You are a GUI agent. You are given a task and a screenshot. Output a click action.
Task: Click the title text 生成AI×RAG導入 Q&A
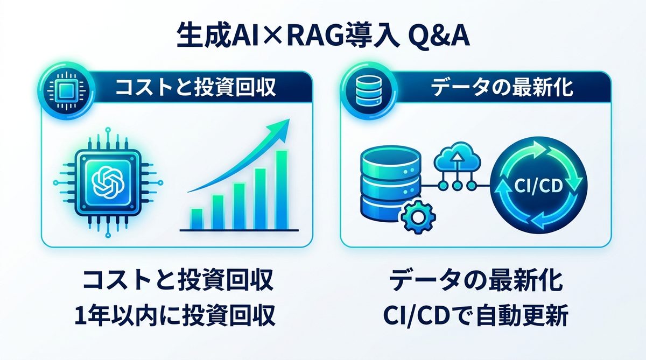[323, 37]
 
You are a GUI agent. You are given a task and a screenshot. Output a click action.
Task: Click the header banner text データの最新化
[503, 88]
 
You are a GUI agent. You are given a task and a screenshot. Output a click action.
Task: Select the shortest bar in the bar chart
[197, 218]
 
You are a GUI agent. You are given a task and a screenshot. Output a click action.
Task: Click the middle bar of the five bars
[239, 206]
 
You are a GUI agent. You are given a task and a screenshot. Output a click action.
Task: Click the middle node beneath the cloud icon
[458, 186]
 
